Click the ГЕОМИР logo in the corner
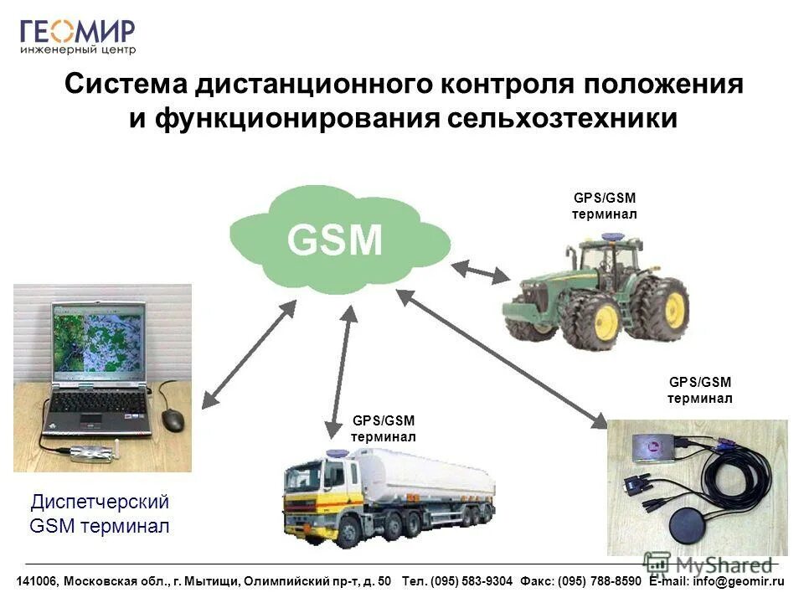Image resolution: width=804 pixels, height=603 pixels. [77, 35]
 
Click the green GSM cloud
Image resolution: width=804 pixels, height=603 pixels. [335, 239]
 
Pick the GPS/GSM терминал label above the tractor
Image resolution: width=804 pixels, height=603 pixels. [604, 206]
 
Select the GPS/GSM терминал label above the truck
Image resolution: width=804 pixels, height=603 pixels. [383, 429]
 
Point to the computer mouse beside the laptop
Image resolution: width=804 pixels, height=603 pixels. [173, 420]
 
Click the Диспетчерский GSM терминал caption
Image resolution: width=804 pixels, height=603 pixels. [100, 514]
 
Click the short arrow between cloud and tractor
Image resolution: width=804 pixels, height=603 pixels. [481, 272]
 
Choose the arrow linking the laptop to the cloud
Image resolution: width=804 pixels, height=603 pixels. [249, 355]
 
